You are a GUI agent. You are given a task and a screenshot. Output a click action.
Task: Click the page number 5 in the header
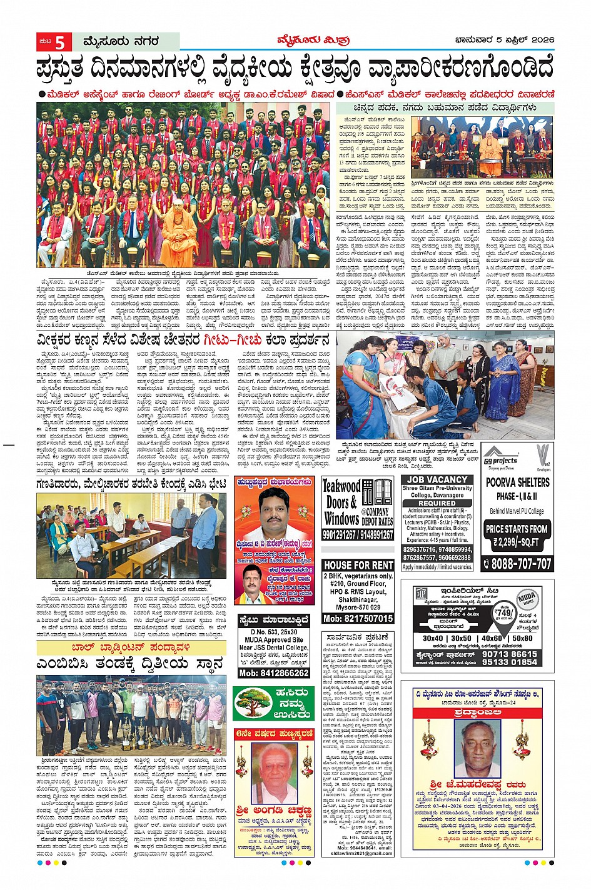pos(61,42)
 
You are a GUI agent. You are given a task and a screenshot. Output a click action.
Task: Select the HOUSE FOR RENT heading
pos(358,564)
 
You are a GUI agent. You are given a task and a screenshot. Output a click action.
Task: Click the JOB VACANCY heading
pos(438,479)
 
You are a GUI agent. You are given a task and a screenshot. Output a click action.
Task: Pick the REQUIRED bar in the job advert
pos(437,502)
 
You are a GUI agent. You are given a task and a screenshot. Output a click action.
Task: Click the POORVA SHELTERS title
pos(518,482)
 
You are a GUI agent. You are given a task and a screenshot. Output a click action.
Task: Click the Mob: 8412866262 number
pos(274,672)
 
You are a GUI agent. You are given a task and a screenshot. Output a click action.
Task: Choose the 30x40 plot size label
pos(433,638)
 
